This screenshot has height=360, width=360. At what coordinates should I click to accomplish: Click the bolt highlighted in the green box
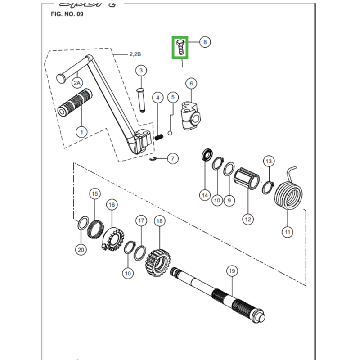[x=180, y=47]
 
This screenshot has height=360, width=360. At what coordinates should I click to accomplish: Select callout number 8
[x=205, y=42]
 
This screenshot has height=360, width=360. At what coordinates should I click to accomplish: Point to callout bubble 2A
[x=77, y=83]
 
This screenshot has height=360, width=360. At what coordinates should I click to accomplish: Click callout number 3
[x=140, y=71]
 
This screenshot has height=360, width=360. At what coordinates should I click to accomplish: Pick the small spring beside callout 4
[x=159, y=137]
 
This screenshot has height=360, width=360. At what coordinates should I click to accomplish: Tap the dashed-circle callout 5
[x=172, y=97]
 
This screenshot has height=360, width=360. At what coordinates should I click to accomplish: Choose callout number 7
[x=173, y=158]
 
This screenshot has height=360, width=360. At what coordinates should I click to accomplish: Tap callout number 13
[x=269, y=161]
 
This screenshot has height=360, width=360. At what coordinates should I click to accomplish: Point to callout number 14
[x=205, y=195]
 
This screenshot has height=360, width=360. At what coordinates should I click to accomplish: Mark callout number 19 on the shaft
[x=231, y=271]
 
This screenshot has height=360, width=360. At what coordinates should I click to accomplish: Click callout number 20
[x=81, y=250]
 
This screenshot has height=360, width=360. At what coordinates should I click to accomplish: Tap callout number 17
[x=141, y=221]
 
